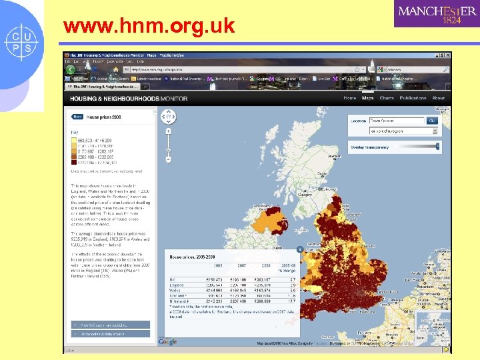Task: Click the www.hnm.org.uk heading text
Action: (149, 26)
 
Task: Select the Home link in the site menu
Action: (349, 98)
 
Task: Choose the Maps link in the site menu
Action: (367, 98)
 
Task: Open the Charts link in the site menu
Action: (387, 98)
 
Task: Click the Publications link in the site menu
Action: (413, 98)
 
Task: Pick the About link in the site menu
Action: (438, 98)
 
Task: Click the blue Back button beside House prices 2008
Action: (77, 117)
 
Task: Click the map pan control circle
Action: (168, 117)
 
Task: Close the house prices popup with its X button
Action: (300, 249)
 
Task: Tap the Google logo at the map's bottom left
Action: (168, 341)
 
